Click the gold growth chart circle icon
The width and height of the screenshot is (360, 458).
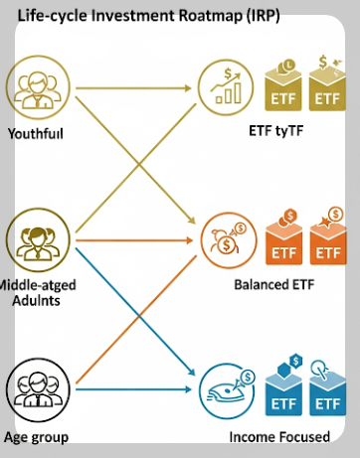pos(226,86)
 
